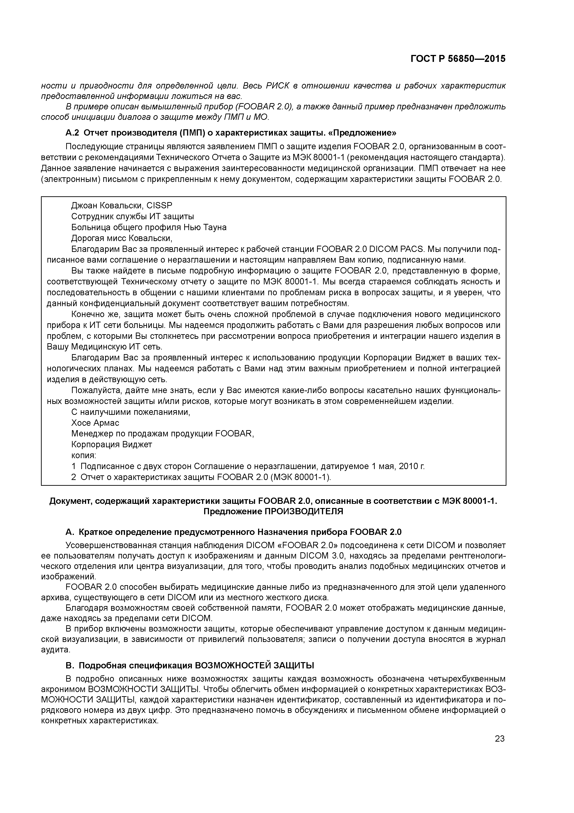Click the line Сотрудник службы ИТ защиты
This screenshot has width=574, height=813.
click(132, 216)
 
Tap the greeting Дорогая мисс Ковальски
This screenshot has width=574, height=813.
click(122, 238)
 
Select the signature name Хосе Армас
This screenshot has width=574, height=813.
click(95, 423)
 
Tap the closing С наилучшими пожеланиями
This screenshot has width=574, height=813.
click(131, 412)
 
